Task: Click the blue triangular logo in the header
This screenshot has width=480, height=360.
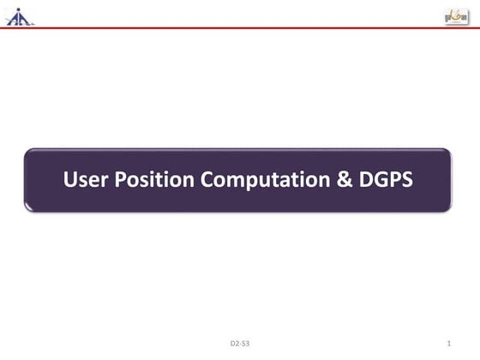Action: [19, 15]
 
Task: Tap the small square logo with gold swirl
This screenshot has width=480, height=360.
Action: [456, 15]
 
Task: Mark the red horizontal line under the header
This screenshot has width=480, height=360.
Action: [240, 28]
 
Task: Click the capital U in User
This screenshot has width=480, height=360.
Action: [70, 181]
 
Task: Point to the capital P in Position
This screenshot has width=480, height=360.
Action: [117, 181]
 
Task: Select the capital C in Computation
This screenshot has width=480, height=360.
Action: [206, 181]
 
